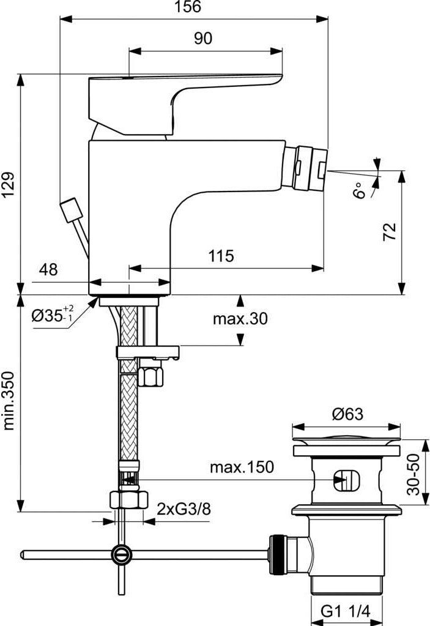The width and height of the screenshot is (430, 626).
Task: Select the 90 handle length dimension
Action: pos(203,39)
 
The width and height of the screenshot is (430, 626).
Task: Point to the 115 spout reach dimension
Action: pos(221,255)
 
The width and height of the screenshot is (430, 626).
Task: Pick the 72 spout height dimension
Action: pos(390,231)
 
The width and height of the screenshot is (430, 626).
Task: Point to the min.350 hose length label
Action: pos(9,400)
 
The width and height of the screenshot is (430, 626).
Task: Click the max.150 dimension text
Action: pos(241,468)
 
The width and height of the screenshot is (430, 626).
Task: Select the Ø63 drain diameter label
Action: pos(347,414)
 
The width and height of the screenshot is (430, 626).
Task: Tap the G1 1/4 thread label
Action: pos(346,611)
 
